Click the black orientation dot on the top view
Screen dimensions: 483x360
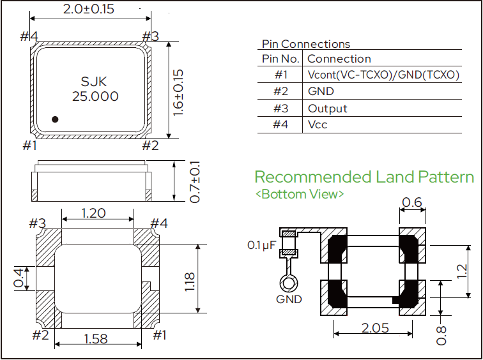click(x=55, y=119)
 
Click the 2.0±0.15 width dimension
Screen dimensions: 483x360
click(x=89, y=8)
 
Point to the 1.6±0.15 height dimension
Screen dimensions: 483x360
click(x=178, y=93)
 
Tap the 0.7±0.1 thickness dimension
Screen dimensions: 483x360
click(x=195, y=181)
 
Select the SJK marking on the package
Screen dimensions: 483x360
click(x=95, y=82)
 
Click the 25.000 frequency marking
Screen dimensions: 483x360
click(x=95, y=96)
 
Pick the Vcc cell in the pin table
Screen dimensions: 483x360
click(x=318, y=124)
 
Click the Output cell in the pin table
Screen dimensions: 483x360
click(x=328, y=109)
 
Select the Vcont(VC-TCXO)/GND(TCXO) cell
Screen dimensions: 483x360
click(x=383, y=75)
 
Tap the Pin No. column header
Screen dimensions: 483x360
click(x=280, y=59)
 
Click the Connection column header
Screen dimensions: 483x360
click(x=339, y=59)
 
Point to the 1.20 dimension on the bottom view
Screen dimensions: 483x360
click(x=94, y=213)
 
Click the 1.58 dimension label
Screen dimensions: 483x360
click(x=96, y=339)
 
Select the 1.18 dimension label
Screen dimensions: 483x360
click(x=189, y=282)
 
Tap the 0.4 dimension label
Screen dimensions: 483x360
click(x=19, y=278)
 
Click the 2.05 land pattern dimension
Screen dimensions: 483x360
click(x=375, y=328)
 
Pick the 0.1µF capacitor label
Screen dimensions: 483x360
click(x=260, y=245)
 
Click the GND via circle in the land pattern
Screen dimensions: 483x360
click(x=289, y=283)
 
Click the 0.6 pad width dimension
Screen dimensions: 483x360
click(x=412, y=202)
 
